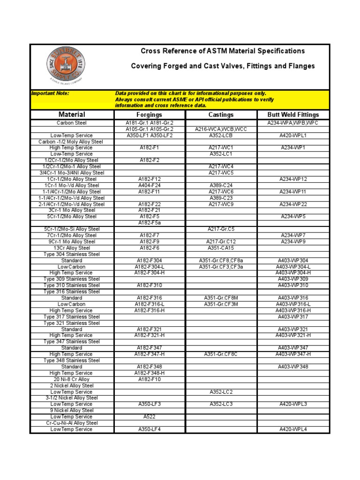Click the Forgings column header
(149, 114)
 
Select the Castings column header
(221, 114)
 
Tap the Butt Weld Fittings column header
(293, 114)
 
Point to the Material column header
(72, 114)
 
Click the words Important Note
(50, 93)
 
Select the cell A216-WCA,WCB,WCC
(221, 129)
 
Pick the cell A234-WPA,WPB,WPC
(293, 123)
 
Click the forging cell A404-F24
(149, 185)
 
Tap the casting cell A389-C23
(221, 198)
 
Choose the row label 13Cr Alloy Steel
(72, 248)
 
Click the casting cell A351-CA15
(221, 248)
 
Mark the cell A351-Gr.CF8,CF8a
(221, 261)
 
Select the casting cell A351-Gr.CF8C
(221, 354)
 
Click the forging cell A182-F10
(149, 379)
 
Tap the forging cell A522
(149, 417)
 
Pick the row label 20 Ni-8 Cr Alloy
(72, 379)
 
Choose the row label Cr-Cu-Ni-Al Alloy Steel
(72, 423)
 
